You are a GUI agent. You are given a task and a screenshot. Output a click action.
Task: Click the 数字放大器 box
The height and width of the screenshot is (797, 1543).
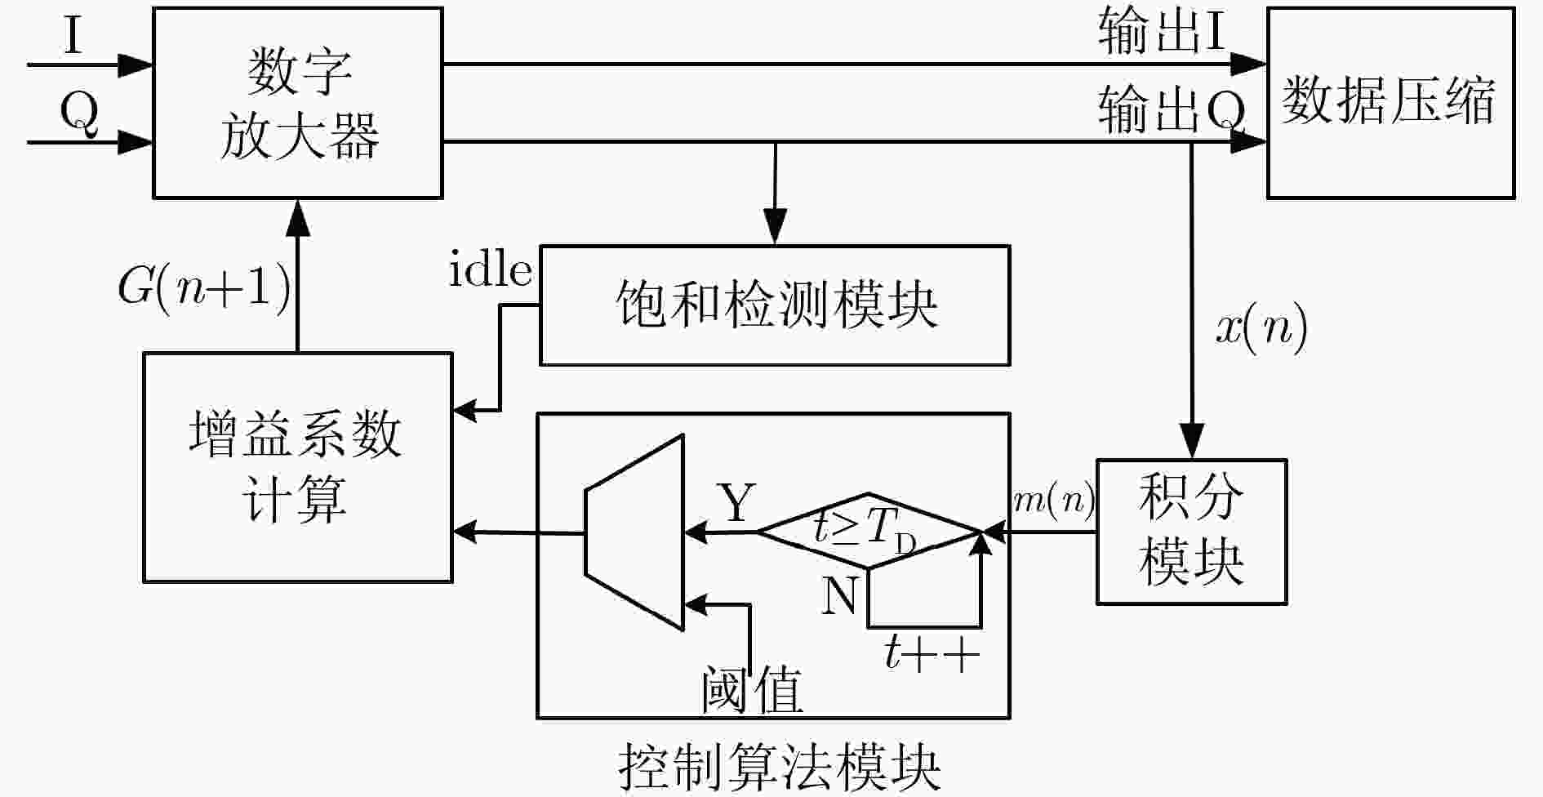[298, 103]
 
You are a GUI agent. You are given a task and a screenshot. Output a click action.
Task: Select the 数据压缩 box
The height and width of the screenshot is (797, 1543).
[1390, 103]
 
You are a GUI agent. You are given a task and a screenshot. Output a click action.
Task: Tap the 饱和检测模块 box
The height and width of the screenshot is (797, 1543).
[775, 305]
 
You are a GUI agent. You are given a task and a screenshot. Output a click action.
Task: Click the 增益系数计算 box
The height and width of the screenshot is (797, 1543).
[298, 467]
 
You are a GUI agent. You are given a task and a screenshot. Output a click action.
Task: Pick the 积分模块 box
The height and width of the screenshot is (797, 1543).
[1191, 532]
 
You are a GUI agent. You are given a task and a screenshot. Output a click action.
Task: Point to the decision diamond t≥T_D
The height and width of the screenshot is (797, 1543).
[869, 531]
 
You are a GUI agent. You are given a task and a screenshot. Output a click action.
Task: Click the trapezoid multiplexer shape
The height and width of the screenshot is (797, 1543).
[634, 532]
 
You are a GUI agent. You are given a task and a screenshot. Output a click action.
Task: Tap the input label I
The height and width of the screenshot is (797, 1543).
[73, 36]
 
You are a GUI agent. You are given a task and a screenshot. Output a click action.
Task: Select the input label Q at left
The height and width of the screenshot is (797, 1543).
[78, 114]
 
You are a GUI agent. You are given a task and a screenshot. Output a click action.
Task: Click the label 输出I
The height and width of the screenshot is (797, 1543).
[1161, 33]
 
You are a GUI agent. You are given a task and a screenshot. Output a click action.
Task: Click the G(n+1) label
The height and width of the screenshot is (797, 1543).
[204, 287]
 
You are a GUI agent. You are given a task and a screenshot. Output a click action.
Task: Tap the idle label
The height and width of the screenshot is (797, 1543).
[491, 269]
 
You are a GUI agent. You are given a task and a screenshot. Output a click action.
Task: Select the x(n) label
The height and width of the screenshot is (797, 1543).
[1261, 330]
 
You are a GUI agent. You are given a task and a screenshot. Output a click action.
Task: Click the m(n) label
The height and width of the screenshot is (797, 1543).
[1053, 500]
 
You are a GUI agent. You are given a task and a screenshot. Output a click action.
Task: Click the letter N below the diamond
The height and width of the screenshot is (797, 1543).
[838, 595]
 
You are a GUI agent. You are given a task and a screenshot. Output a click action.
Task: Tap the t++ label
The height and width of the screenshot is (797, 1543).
[932, 654]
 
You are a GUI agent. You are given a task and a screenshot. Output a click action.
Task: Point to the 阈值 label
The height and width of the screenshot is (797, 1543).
[752, 690]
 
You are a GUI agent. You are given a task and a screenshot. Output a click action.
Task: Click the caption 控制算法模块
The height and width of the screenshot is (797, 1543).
[780, 766]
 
